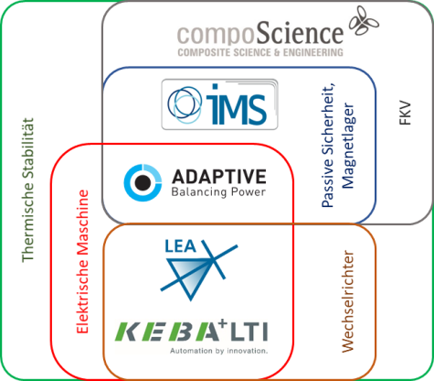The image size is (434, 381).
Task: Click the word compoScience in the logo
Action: point(260,33)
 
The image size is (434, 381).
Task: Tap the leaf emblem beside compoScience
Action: point(364,21)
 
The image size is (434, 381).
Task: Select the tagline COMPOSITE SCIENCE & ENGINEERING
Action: point(260,52)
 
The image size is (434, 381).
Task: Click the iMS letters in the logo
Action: point(237,104)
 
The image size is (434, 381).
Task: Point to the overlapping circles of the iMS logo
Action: point(185,104)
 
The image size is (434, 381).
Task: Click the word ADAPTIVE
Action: point(219,177)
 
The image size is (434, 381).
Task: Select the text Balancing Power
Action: point(218,192)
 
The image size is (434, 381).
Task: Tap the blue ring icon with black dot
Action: point(143,182)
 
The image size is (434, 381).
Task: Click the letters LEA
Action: point(180,246)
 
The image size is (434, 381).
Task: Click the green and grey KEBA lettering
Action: point(167,332)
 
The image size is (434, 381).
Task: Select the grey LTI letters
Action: point(249,332)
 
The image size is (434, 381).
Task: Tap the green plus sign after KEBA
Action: point(223,323)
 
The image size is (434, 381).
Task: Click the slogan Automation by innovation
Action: point(218,351)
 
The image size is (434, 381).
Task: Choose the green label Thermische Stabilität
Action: point(27,190)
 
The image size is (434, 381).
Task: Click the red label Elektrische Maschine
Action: point(82,262)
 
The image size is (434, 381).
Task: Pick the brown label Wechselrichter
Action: point(348,301)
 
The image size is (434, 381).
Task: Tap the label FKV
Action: point(405,114)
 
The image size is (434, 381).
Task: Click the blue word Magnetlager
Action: point(348,146)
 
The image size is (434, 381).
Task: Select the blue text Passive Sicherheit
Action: point(328,146)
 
